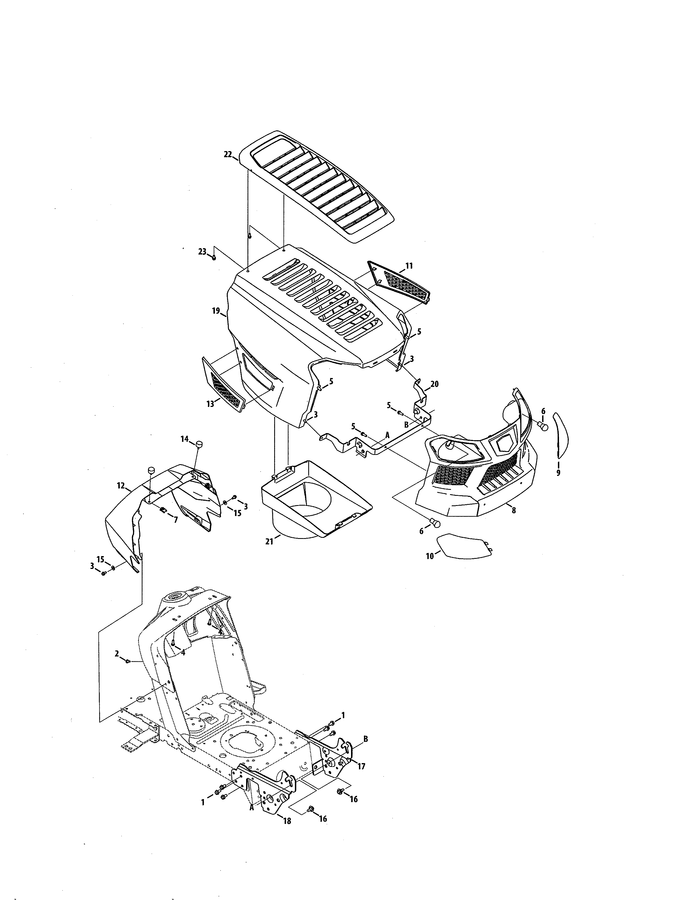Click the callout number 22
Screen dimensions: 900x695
point(228,155)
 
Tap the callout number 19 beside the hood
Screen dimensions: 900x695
point(216,311)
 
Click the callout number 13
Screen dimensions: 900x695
point(210,404)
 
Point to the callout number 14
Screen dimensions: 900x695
point(184,439)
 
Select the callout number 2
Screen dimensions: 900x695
point(117,653)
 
